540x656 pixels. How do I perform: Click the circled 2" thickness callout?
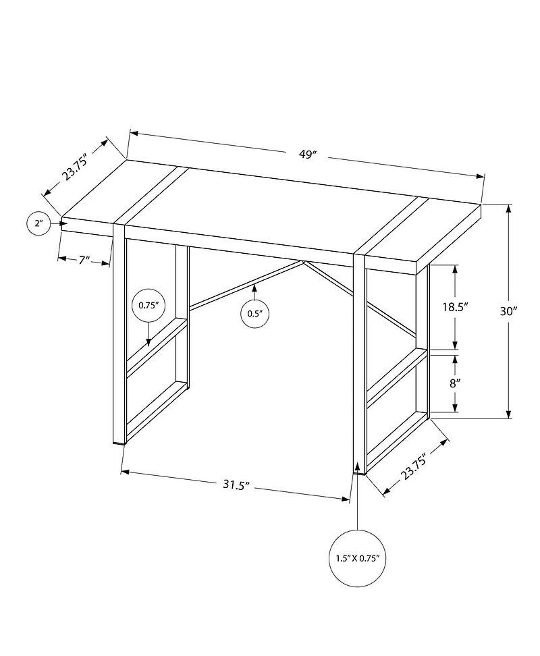pos(38,223)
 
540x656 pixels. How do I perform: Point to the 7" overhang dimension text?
pos(84,261)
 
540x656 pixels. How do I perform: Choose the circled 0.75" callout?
pos(148,305)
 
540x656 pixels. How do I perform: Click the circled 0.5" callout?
pos(254,312)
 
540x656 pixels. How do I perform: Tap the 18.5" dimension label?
pos(455,306)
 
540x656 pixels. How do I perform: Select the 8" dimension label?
pos(455,382)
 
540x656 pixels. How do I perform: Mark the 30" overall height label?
pos(509,311)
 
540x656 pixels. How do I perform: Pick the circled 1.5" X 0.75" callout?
pos(358,559)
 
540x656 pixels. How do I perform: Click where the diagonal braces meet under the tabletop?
pos(303,261)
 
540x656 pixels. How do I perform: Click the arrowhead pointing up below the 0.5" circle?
pos(254,288)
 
